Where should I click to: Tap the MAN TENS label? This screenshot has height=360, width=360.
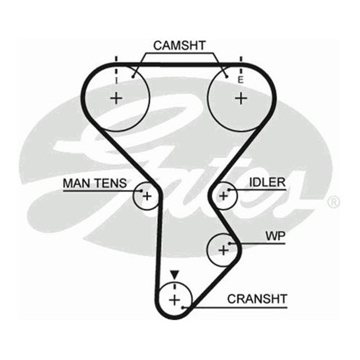tap(95, 183)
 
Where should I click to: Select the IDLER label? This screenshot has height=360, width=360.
tap(267, 183)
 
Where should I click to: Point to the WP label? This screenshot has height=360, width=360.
tap(275, 236)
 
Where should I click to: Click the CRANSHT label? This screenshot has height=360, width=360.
tap(257, 299)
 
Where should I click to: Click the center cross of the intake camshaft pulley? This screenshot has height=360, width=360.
tap(116, 98)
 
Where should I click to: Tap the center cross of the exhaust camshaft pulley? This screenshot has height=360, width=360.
tap(241, 98)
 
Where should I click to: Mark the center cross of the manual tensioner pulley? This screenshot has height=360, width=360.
tap(146, 196)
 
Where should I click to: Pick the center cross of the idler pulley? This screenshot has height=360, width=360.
tap(223, 196)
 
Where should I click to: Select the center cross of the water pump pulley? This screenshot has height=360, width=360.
tap(223, 249)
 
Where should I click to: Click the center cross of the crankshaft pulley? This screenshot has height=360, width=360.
tap(174, 299)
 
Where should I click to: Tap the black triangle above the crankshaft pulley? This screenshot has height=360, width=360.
tap(174, 274)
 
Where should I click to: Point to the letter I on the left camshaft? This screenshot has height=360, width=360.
tap(116, 81)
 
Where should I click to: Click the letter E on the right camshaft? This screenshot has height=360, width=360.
tap(241, 81)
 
